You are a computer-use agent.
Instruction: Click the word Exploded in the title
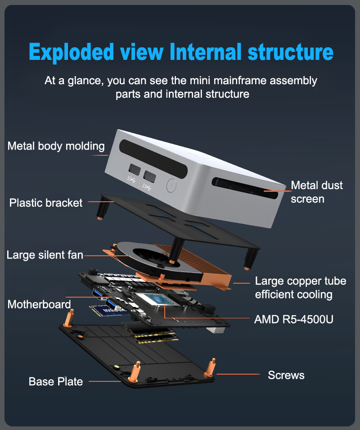71,52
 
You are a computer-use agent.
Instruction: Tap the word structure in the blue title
290,52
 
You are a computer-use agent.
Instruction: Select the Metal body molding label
56,146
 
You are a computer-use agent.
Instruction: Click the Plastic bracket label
46,203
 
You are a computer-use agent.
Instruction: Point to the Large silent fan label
45,255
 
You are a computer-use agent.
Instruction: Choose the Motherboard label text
39,304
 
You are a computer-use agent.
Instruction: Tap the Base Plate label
56,381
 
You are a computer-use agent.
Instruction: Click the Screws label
286,375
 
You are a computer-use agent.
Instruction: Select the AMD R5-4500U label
294,320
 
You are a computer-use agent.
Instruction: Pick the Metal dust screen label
317,192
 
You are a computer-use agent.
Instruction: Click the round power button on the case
171,186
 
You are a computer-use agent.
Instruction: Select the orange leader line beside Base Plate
105,381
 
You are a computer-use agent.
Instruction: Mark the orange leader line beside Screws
238,374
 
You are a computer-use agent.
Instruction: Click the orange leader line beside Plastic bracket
101,202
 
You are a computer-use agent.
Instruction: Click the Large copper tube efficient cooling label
301,288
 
